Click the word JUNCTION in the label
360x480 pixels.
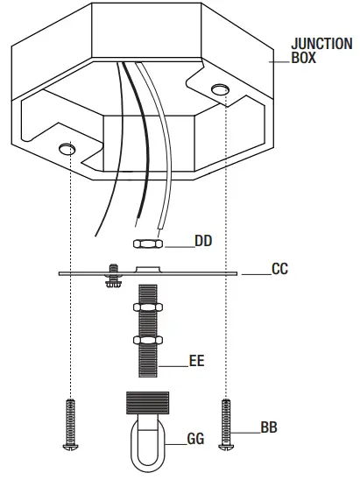click(x=322, y=44)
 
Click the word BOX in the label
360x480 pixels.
click(x=306, y=60)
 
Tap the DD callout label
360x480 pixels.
click(x=203, y=240)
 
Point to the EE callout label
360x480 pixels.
click(x=197, y=360)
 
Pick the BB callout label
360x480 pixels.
click(x=269, y=428)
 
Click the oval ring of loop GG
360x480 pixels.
click(x=145, y=447)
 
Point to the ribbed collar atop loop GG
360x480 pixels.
click(x=145, y=406)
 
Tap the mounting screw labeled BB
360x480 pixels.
click(x=228, y=424)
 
